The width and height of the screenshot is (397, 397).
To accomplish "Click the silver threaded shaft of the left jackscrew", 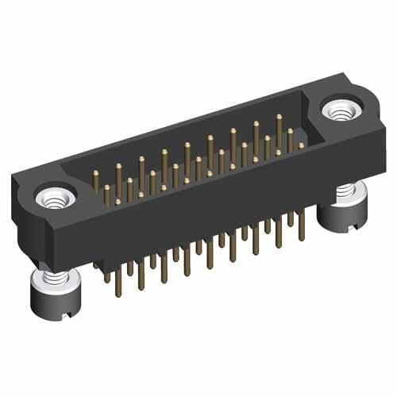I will pyautogui.click(x=52, y=279).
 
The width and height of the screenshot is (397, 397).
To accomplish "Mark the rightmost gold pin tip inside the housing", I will pyautogui.click(x=301, y=146).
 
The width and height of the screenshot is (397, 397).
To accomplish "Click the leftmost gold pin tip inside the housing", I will pyautogui.click(x=94, y=173).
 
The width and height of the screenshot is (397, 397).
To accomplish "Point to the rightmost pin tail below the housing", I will pyautogui.click(x=301, y=232).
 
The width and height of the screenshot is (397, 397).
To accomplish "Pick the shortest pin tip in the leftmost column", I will pyautogui.click(x=118, y=202).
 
